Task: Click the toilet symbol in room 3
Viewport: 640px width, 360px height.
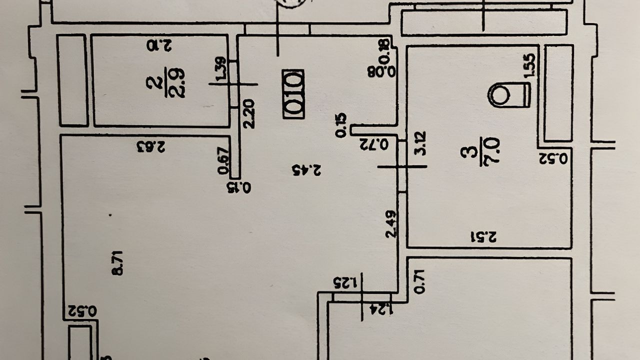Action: point(509,94)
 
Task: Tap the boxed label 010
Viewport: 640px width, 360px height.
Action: point(293,94)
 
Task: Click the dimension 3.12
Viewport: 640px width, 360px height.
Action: point(420,143)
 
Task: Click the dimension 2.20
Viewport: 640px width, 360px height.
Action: point(249,113)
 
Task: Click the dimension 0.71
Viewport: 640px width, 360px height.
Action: point(420,281)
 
